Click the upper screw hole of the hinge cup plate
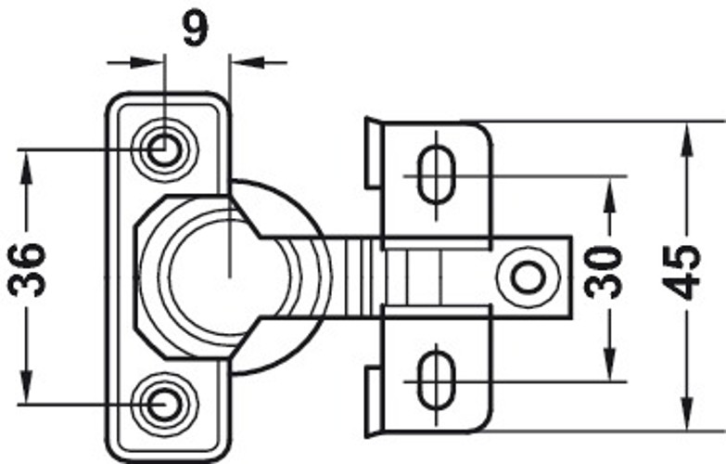164,148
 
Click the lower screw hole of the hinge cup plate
164,403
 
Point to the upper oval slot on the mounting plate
434,173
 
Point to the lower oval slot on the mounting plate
434,379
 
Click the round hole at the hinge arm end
529,277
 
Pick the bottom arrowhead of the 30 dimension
608,367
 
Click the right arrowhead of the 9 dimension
240,63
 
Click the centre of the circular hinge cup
228,275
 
